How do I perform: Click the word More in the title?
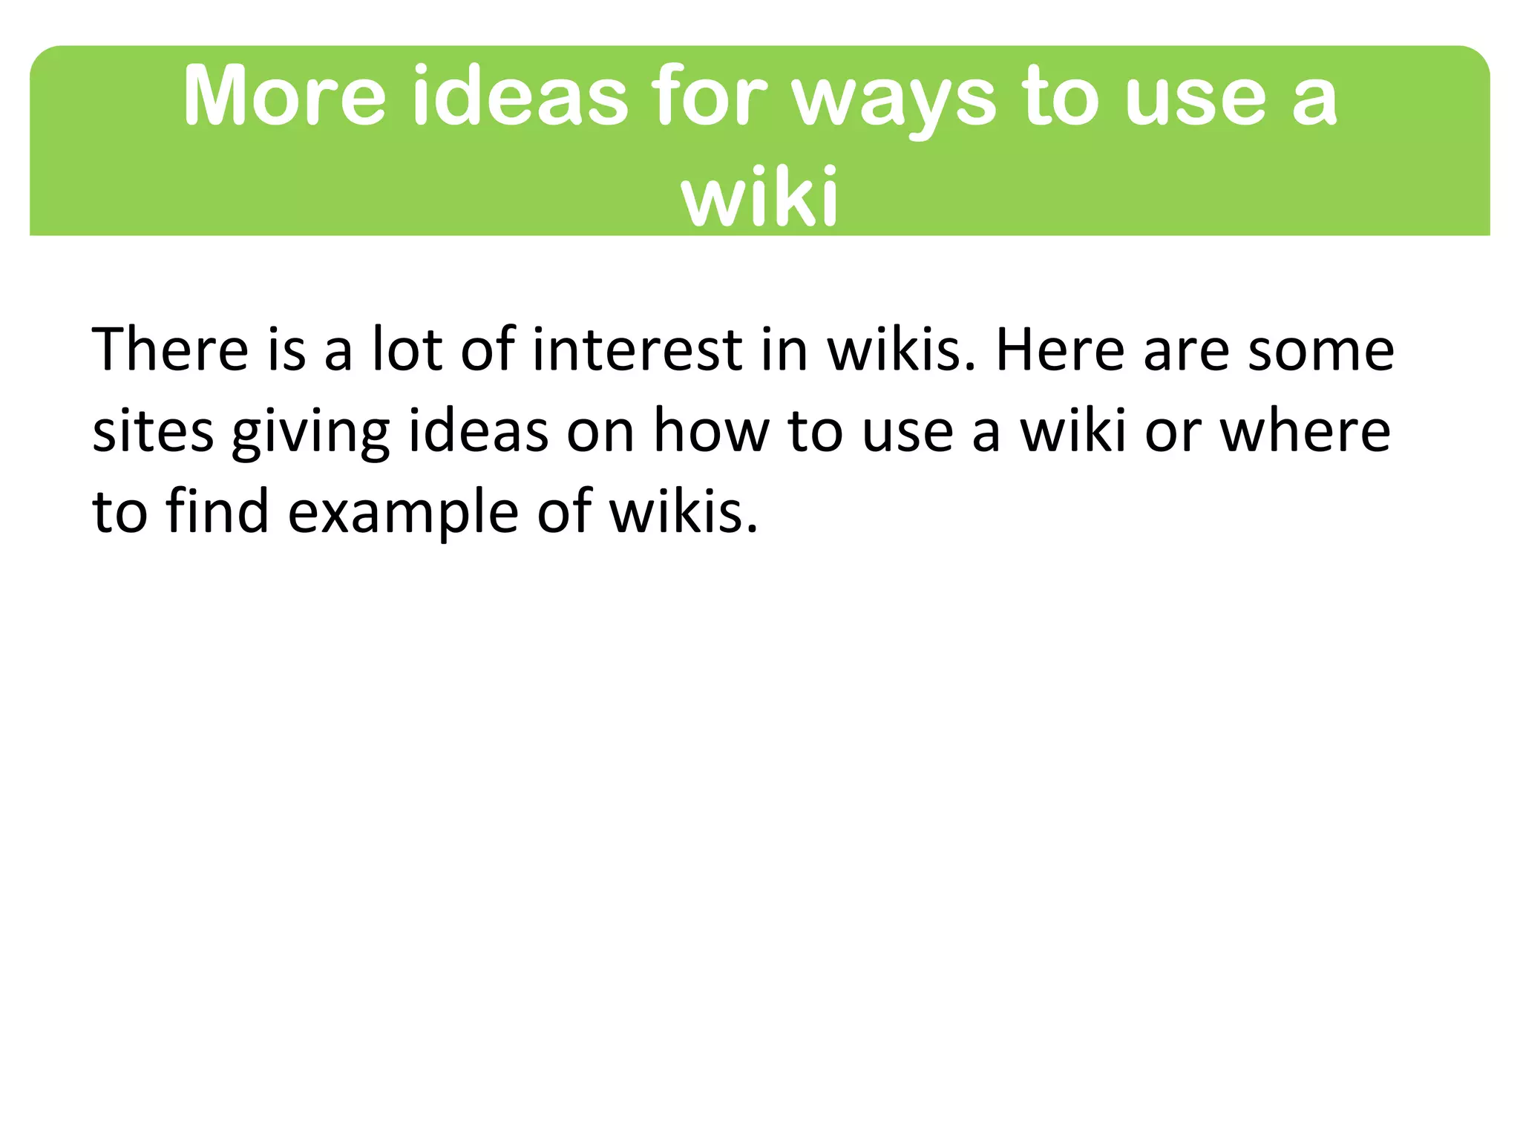click(284, 96)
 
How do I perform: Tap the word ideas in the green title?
click(520, 96)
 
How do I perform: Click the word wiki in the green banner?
click(760, 196)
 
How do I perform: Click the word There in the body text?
click(170, 349)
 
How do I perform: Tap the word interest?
click(638, 349)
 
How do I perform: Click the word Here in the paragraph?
click(1060, 349)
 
